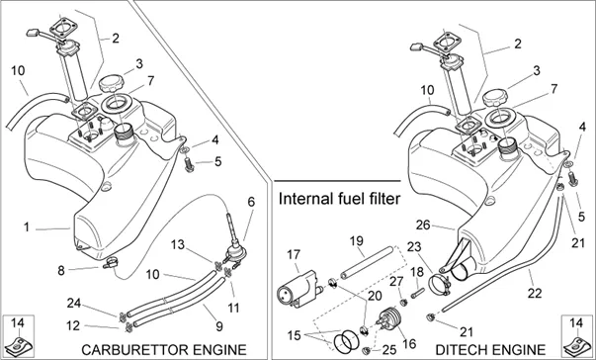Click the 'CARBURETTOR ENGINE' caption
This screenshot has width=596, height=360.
click(164, 350)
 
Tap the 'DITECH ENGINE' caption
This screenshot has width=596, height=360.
click(490, 350)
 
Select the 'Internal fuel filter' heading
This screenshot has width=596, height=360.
click(339, 199)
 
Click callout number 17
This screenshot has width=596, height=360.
click(294, 255)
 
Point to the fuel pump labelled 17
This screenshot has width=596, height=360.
click(299, 289)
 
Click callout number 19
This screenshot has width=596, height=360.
click(357, 241)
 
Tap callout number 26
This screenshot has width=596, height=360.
click(423, 225)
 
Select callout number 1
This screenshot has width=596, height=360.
click(27, 227)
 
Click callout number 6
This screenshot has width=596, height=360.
click(251, 202)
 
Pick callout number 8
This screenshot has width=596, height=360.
click(61, 271)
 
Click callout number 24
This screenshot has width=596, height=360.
click(74, 303)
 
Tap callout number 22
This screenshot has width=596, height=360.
click(535, 293)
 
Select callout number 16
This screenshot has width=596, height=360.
click(409, 343)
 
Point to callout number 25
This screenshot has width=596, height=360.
click(388, 349)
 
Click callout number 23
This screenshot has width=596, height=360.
click(414, 247)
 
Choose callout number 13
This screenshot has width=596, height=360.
click(178, 244)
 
